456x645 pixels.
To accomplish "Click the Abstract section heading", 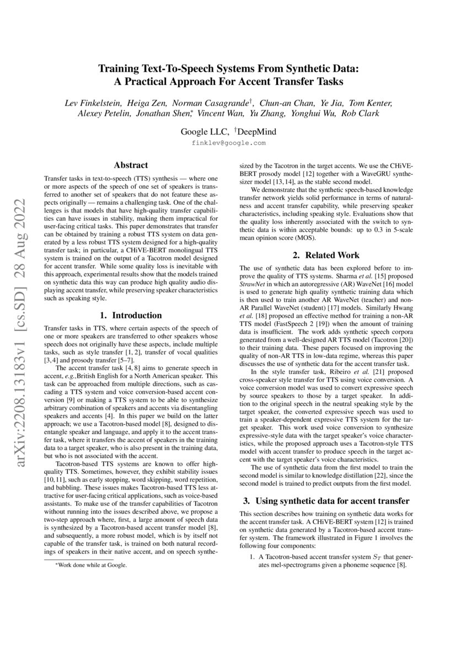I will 130,164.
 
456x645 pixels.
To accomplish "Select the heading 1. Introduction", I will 130,316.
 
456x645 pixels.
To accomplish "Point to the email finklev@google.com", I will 228,142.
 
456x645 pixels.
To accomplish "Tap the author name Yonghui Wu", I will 332,114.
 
